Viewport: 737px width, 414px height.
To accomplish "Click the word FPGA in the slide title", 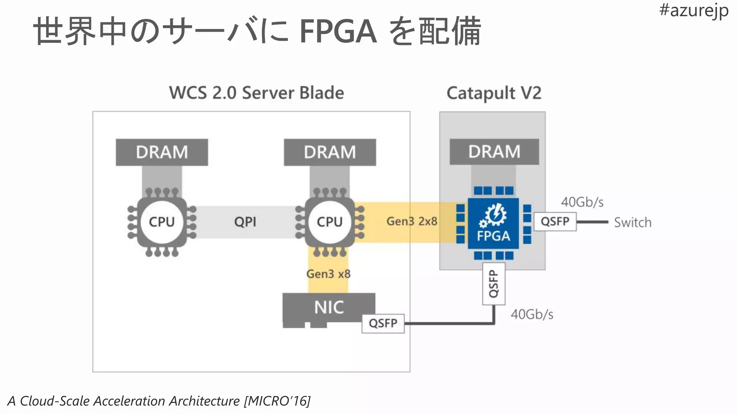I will coord(338,32).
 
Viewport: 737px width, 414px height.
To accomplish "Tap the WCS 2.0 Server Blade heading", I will coord(257,93).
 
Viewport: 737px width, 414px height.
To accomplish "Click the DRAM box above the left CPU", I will coord(162,152).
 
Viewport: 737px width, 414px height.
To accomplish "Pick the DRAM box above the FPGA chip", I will coord(494,152).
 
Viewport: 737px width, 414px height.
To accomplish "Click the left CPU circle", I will coord(162,222).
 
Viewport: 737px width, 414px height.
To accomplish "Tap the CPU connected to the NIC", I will coord(329,222).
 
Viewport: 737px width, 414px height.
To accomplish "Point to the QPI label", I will coord(245,222).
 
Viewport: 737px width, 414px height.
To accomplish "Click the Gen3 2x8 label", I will coord(412,221).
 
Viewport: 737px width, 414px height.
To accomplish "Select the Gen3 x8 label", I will coord(328,274).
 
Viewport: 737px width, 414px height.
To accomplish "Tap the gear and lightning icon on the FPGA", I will coord(493,215).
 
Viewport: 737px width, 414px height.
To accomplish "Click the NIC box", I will coord(329,307).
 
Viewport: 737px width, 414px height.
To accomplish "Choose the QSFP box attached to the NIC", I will coord(383,323).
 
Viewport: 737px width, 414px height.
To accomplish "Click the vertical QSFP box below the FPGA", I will coord(493,284).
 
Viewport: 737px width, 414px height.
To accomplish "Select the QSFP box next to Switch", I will coord(555,221).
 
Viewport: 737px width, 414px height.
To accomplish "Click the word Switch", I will coord(633,222).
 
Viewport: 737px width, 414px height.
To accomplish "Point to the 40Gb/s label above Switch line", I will coord(582,202).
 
